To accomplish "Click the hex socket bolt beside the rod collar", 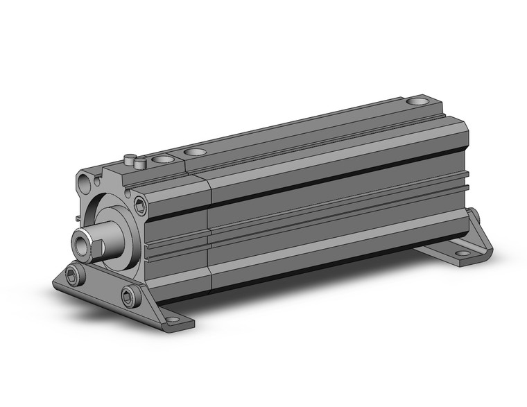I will tap(141, 205).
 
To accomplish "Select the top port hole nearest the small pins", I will tap(164, 160).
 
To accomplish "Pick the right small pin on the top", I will tap(141, 164).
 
